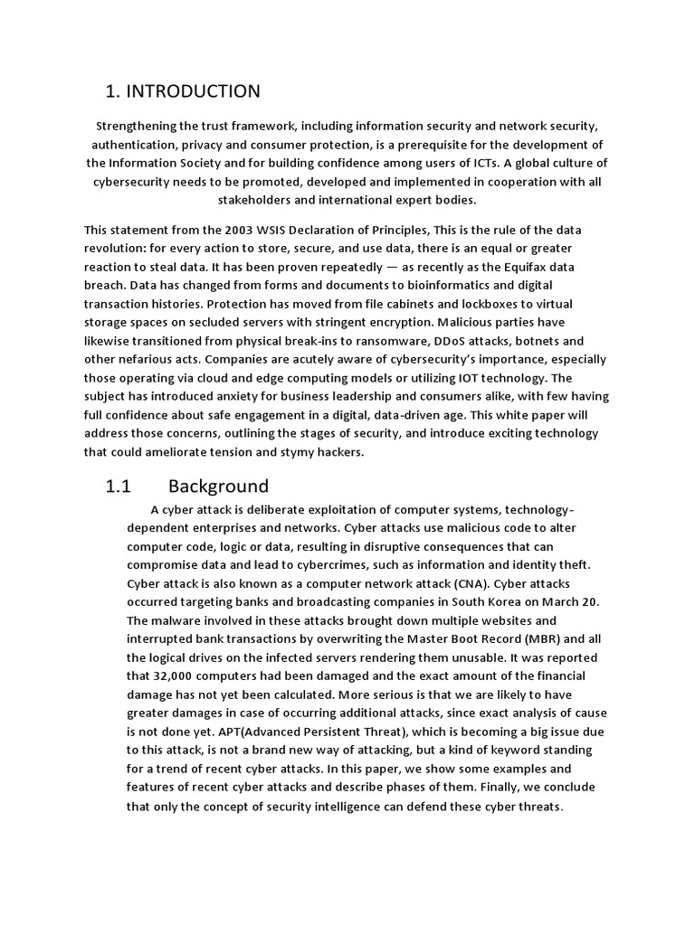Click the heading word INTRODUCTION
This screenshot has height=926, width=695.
(193, 91)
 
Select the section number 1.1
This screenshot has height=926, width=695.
(119, 487)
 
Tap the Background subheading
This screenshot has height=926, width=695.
(218, 487)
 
